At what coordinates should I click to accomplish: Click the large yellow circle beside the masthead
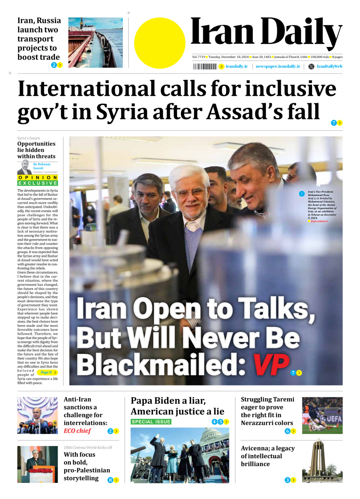click(160, 43)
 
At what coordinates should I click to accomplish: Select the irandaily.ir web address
click(237, 66)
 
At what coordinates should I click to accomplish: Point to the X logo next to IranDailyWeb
click(311, 66)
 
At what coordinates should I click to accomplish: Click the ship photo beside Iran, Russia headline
click(95, 42)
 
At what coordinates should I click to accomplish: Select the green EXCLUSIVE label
click(38, 183)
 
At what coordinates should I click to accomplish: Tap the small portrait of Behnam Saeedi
click(24, 168)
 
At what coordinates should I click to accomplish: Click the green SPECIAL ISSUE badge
click(151, 422)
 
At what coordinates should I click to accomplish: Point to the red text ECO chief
click(78, 431)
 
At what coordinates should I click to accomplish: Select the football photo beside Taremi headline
click(322, 415)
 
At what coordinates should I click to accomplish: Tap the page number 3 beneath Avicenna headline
click(287, 480)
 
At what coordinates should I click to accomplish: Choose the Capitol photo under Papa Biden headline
click(180, 455)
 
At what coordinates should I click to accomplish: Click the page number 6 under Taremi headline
click(287, 431)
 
